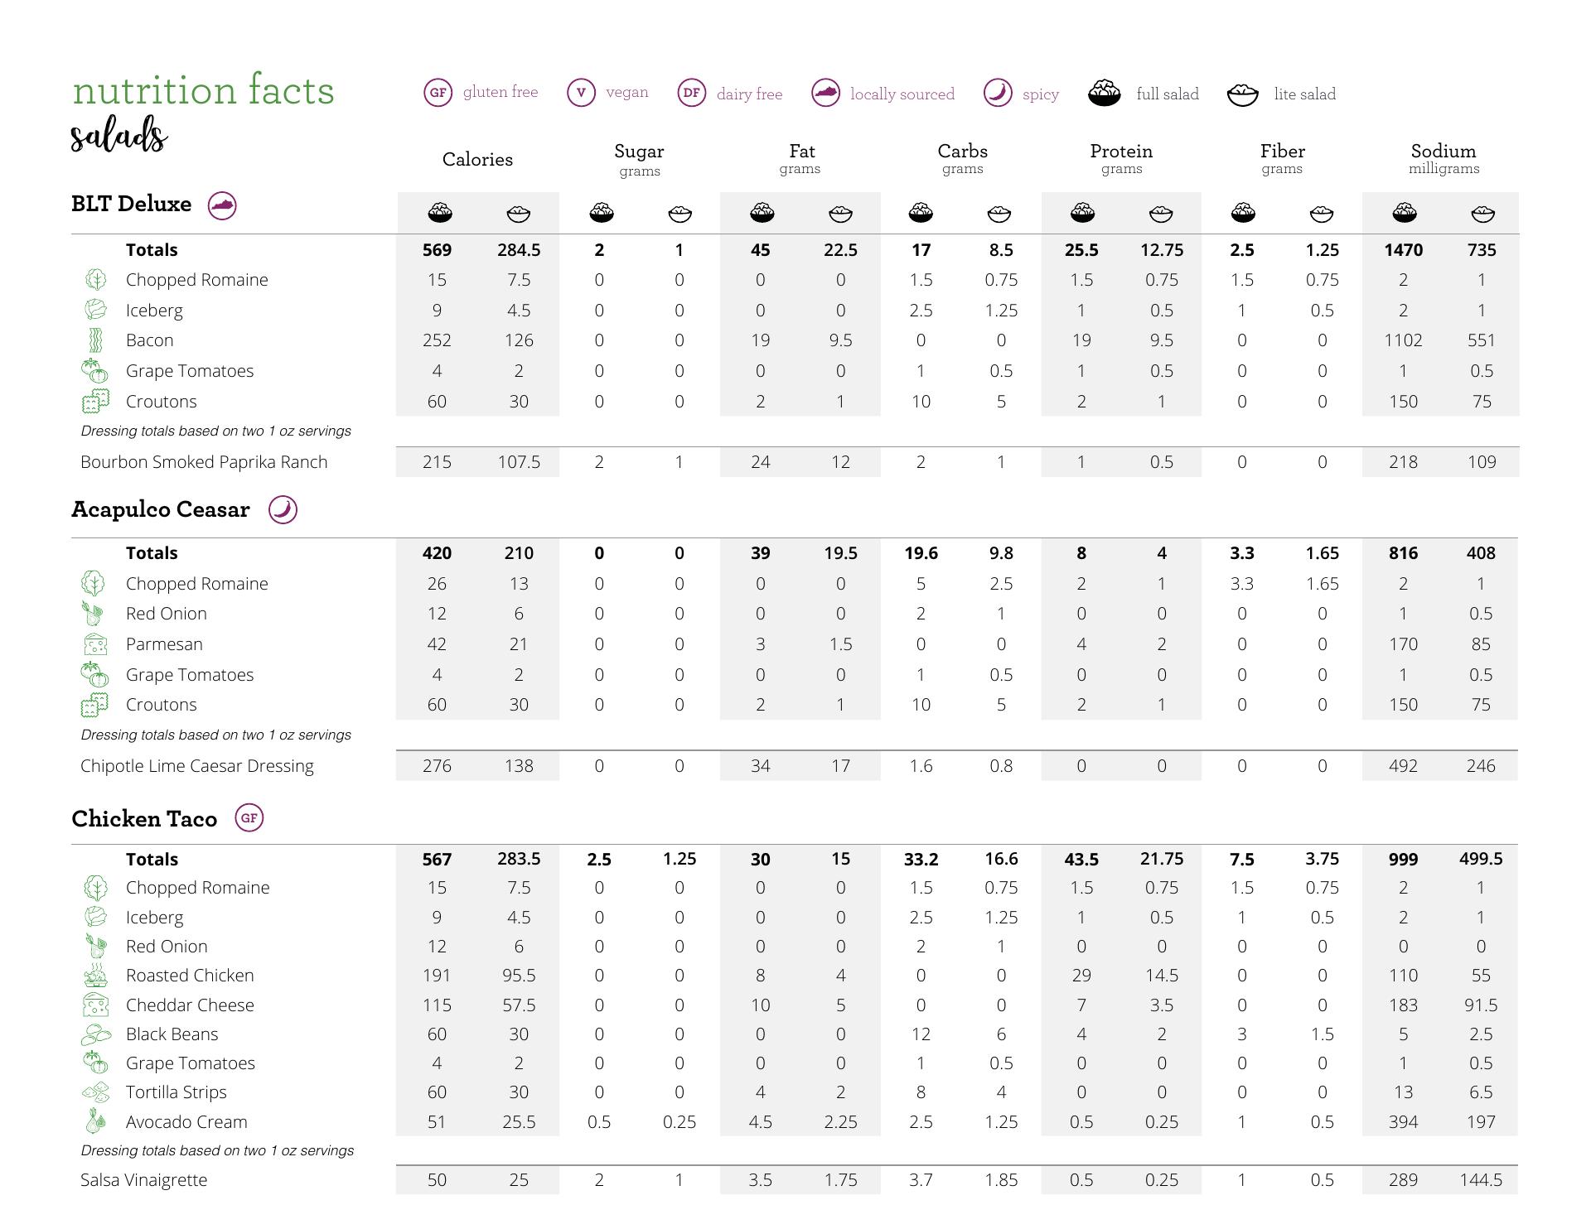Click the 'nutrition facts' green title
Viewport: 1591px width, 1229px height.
(x=203, y=90)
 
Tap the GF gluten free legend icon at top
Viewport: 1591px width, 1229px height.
(x=438, y=93)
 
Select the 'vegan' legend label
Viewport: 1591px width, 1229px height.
(x=626, y=92)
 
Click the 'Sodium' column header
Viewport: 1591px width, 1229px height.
(x=1443, y=152)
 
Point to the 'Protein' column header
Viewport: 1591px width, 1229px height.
(x=1120, y=152)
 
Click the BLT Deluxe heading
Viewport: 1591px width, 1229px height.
(x=131, y=204)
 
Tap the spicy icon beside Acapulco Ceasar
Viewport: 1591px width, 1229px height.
(x=283, y=509)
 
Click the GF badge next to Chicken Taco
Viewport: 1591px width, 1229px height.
(x=249, y=818)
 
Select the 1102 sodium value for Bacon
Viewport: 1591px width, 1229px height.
(x=1402, y=340)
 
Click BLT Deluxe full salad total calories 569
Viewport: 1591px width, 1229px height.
(x=437, y=250)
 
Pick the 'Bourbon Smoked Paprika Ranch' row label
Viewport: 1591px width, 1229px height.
(x=204, y=462)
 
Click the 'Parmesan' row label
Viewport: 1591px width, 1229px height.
(x=164, y=644)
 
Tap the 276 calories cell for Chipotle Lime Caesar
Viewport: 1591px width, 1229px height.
(x=437, y=766)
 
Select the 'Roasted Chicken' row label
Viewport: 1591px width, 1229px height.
(x=190, y=976)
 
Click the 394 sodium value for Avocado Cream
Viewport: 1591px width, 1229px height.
(x=1402, y=1122)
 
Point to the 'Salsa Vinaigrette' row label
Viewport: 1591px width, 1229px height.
(x=143, y=1180)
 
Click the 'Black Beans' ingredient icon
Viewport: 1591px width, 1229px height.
(x=95, y=1034)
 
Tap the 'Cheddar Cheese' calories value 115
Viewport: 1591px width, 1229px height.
(x=437, y=1005)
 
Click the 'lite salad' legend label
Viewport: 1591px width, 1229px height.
(x=1304, y=94)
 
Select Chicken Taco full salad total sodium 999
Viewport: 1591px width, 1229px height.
(x=1402, y=860)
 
